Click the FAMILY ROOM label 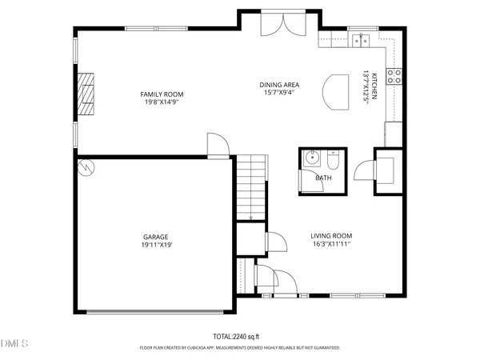point(158,94)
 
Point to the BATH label point(322,178)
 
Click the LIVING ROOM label point(330,235)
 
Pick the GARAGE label point(155,237)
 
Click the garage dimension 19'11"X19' point(155,246)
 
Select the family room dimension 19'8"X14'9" point(158,102)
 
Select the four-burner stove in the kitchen point(394,77)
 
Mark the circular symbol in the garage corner point(86,168)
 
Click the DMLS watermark point(14,343)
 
